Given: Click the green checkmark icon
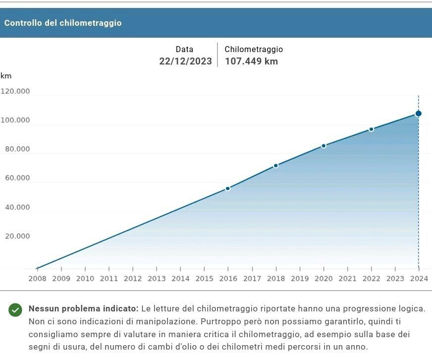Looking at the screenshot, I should (15, 310).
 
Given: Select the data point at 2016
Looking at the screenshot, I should (228, 188).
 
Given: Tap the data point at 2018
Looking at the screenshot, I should (276, 166).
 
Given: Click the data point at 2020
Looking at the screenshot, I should (324, 146).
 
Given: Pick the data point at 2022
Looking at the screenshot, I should (371, 129).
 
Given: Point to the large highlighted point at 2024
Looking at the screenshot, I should (419, 114).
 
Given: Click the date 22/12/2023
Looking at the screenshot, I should (185, 61).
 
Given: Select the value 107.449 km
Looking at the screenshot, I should (251, 61).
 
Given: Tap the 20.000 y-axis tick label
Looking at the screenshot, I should (17, 236).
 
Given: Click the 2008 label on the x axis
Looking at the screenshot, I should (37, 279).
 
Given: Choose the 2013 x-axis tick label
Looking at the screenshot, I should (157, 279).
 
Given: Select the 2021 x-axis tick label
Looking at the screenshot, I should (347, 279).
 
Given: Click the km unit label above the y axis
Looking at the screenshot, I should (6, 76).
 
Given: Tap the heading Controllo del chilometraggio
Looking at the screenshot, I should (63, 23).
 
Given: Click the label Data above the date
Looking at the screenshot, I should (184, 50).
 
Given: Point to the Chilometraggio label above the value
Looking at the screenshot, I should (254, 50).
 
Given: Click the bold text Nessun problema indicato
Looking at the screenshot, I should (83, 308).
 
